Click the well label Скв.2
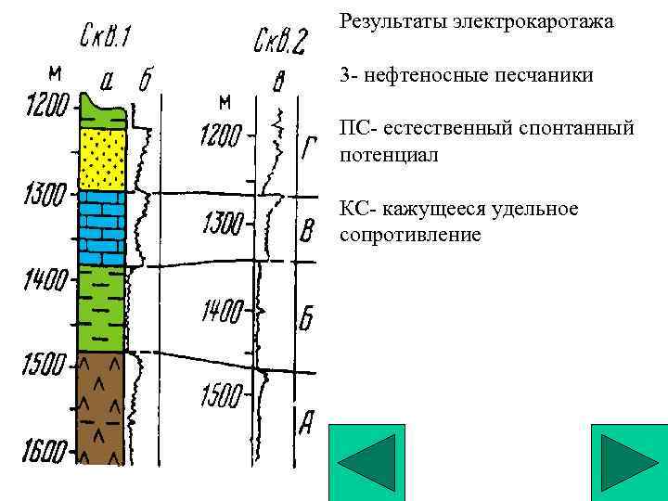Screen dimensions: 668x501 click(x=279, y=42)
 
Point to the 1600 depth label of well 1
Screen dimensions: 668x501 click(x=44, y=453)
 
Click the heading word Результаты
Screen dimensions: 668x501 click(x=392, y=20)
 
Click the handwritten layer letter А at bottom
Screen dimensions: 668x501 click(x=307, y=424)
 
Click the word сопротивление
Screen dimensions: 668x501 click(x=410, y=235)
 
